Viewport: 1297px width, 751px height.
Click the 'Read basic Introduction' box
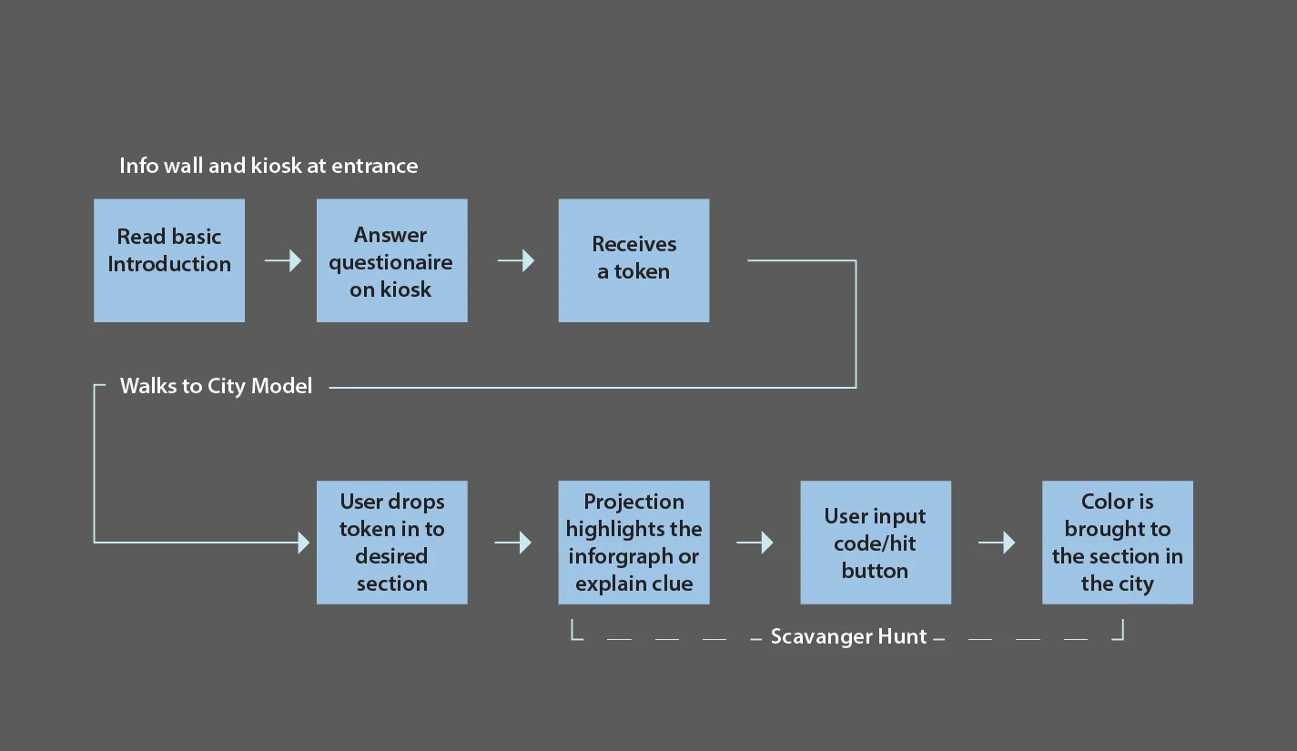(169, 260)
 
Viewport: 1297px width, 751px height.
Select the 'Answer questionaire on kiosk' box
(391, 260)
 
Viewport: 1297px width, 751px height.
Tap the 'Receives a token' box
(633, 260)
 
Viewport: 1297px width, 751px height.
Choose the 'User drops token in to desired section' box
(391, 543)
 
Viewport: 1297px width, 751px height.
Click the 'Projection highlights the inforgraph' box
(633, 543)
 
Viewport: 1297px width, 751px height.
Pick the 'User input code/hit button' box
(875, 543)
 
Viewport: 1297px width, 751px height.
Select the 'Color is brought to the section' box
(1117, 543)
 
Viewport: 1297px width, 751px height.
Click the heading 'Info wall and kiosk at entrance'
(269, 166)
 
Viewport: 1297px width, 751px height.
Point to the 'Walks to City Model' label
(216, 386)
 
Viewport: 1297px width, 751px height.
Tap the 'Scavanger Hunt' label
(848, 636)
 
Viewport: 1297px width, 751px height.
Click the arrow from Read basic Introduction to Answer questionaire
(283, 261)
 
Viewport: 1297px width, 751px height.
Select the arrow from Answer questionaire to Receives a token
(516, 261)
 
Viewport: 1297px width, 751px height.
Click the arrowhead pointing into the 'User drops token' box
(303, 543)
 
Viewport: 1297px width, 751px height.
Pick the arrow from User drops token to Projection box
(513, 543)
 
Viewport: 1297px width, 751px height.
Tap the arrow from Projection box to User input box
(755, 543)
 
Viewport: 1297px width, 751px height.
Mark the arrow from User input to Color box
(997, 543)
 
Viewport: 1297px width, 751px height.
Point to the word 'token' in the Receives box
(642, 271)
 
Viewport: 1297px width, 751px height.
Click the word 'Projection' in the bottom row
(633, 502)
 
